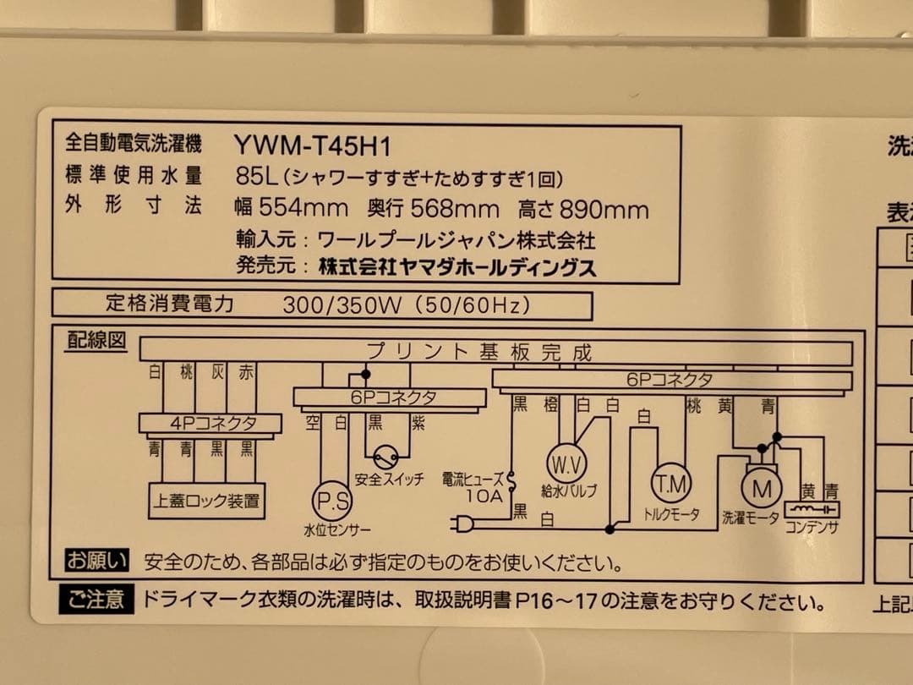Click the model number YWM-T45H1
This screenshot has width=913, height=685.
312,145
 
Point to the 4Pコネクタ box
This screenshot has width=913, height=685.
210,423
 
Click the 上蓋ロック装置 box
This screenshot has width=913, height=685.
207,501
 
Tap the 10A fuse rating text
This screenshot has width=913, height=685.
484,496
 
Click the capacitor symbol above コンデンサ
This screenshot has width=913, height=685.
812,509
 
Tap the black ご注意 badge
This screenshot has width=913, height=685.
96,601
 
